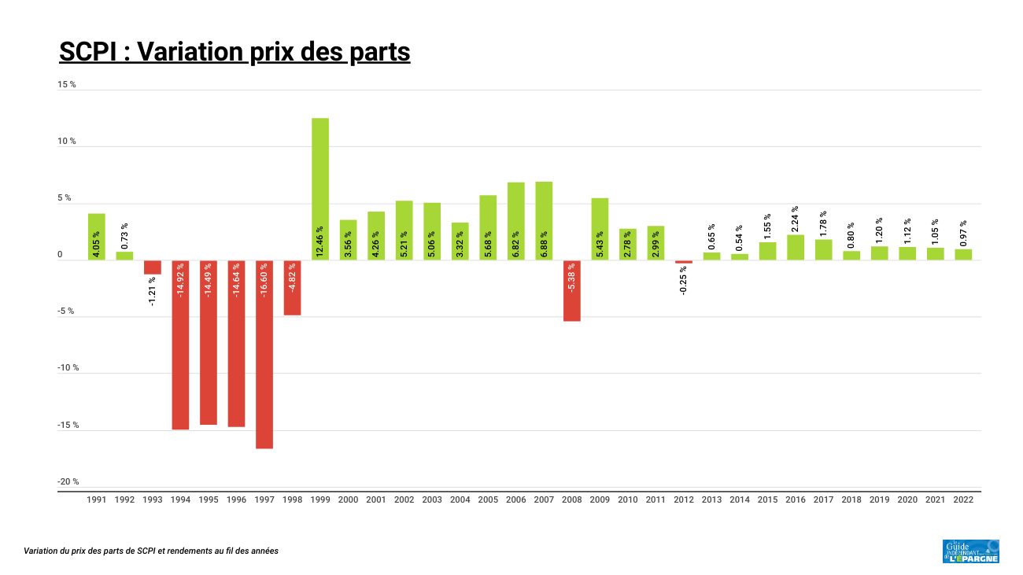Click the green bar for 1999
pos(320,189)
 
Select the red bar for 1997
pos(264,354)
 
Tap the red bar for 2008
pos(572,291)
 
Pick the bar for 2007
pos(544,221)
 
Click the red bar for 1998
pos(292,288)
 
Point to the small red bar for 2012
pos(684,262)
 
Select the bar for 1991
pos(97,237)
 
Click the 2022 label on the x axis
pos(963,499)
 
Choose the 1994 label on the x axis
pos(180,499)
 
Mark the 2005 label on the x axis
pos(488,499)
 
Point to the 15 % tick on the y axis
pos(67,84)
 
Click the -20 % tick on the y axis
pos(68,482)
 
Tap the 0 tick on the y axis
pos(60,255)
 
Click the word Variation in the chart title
pos(185,52)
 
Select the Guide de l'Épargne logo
pos(970,551)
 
